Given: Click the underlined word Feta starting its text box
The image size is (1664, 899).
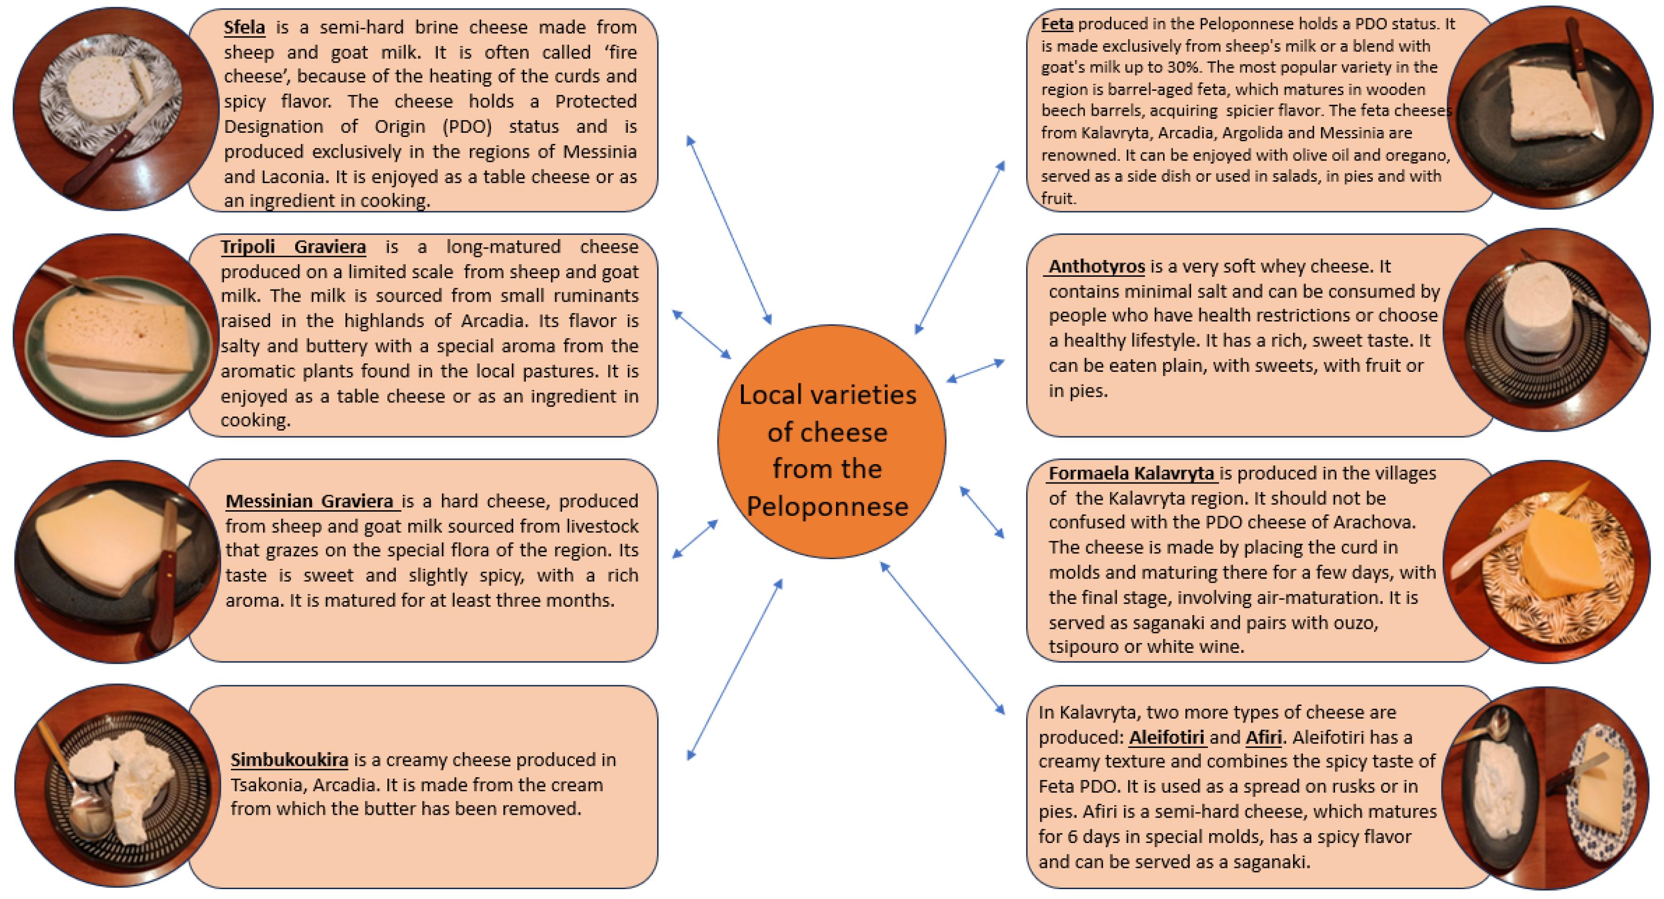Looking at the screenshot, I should [1057, 24].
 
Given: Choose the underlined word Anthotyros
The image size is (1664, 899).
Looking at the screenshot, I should [1096, 266].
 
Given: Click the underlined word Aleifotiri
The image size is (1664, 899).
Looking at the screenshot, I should [1166, 737].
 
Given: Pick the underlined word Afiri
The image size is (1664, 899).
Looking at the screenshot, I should [1263, 737].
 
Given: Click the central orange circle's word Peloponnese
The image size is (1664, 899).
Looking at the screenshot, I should [828, 506].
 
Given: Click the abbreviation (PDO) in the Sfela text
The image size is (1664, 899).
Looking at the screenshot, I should [467, 127].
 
